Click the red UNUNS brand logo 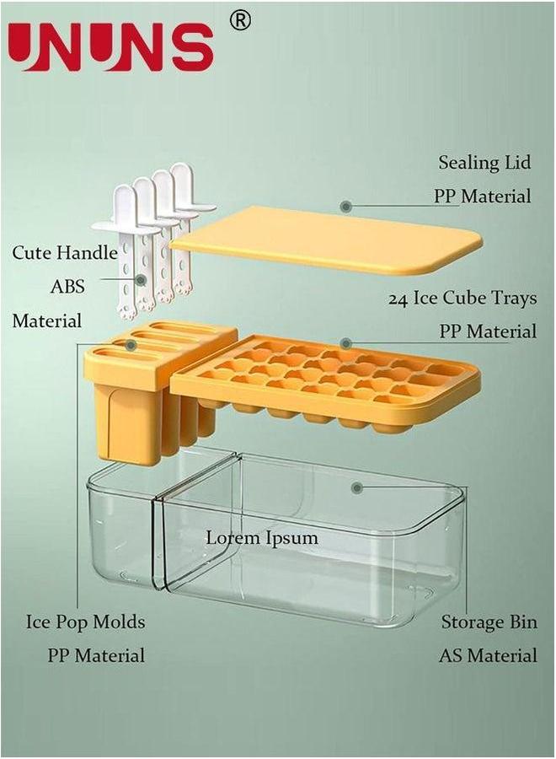(111, 46)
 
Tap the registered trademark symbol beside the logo (240, 21)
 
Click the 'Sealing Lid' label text (484, 162)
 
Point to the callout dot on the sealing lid (345, 206)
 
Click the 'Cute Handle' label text (64, 252)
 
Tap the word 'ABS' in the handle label (67, 286)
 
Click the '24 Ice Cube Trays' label (462, 299)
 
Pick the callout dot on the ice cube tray (345, 342)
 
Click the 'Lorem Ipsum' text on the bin (263, 537)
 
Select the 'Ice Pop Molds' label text (84, 622)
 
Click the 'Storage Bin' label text (489, 622)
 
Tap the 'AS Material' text (488, 655)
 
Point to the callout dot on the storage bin (358, 487)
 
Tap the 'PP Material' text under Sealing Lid (483, 196)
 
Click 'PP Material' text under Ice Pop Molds (95, 655)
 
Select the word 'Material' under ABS (46, 320)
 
